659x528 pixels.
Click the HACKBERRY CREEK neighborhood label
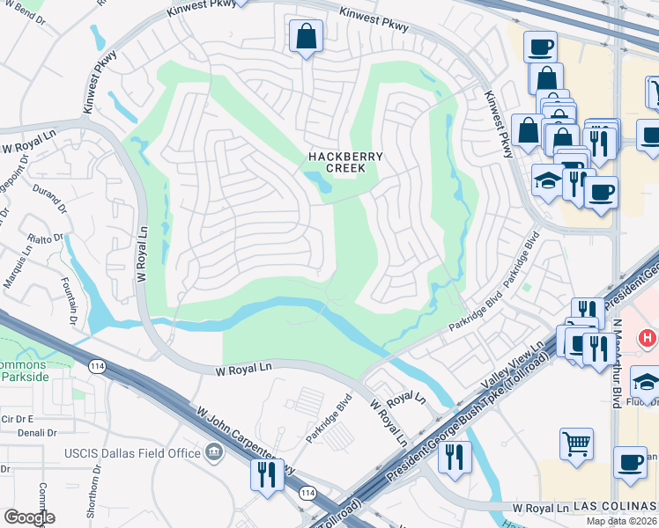pos(345,163)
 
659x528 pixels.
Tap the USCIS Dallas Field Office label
pos(133,453)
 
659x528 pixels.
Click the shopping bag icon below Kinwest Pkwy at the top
pos(306,37)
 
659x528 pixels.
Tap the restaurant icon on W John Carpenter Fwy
pos(266,474)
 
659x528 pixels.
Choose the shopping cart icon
pos(576,444)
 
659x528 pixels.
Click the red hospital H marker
pos(648,337)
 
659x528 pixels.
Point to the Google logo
pos(28,517)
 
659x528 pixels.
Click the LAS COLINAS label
pos(615,509)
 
